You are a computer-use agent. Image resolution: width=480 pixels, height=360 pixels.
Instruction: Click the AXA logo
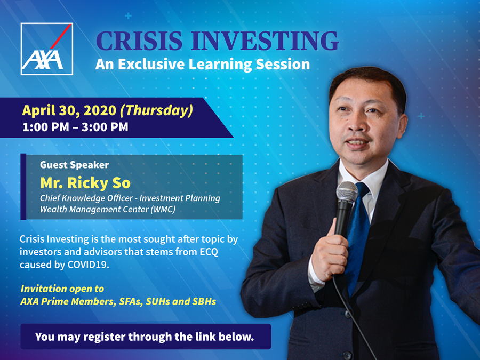click(46, 49)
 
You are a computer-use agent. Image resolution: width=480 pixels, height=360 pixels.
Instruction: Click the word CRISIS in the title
click(139, 41)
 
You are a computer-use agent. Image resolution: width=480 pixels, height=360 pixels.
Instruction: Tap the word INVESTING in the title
click(265, 41)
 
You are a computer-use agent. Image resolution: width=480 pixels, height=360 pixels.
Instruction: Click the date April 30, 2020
click(69, 110)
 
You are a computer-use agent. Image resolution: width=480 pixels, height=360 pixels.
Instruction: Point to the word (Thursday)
click(156, 110)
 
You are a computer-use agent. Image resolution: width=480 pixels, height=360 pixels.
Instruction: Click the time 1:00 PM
click(46, 127)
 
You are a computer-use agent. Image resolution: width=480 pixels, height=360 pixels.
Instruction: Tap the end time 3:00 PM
click(105, 127)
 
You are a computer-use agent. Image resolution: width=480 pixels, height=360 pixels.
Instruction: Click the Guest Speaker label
click(74, 165)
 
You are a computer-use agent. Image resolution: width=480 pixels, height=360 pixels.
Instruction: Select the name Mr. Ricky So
click(85, 183)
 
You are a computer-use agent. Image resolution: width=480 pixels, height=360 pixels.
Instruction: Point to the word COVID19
click(89, 265)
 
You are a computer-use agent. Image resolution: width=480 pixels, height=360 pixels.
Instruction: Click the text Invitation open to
click(62, 289)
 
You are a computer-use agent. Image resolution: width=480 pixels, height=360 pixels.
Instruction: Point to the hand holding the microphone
click(330, 251)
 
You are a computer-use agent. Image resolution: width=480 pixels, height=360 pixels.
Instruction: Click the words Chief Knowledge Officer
click(86, 198)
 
